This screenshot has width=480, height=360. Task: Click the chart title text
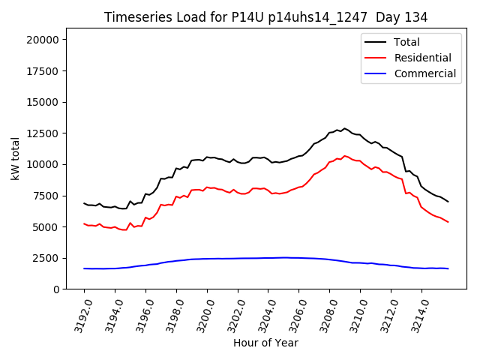click(265, 17)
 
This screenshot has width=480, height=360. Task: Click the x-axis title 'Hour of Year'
click(265, 343)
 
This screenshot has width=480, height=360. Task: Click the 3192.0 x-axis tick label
click(79, 315)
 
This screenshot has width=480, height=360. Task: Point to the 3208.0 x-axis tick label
click(325, 315)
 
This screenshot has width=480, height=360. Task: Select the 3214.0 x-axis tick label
click(417, 315)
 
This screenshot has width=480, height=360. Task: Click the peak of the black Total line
click(345, 128)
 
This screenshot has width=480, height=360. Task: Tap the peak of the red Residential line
click(345, 156)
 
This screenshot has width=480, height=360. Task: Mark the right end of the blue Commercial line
click(448, 268)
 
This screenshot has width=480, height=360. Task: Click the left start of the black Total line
click(84, 203)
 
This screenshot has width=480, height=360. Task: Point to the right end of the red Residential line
click(448, 222)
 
